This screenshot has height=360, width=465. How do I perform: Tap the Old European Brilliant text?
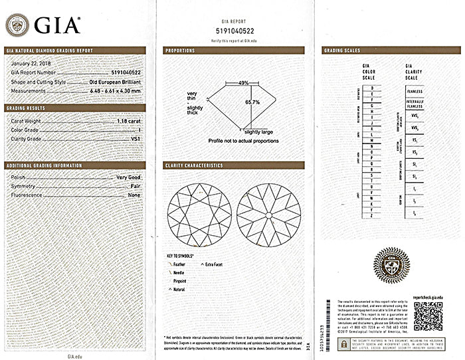(x=115, y=81)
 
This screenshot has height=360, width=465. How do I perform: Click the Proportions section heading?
(x=180, y=50)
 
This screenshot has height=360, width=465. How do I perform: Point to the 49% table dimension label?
(x=243, y=83)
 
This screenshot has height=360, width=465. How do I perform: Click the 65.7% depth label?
(x=252, y=102)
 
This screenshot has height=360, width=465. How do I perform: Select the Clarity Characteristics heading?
(x=193, y=165)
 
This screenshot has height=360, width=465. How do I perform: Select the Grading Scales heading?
(x=341, y=50)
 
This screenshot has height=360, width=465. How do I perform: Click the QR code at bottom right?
(x=427, y=316)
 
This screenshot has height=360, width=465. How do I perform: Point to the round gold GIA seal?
(x=392, y=266)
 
